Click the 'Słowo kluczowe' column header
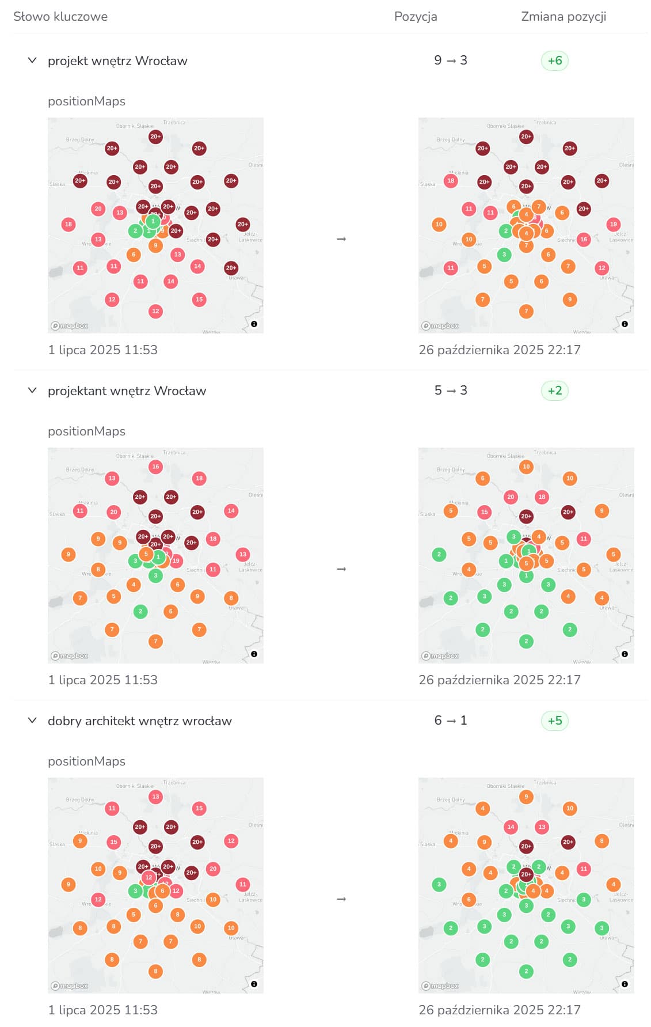60,17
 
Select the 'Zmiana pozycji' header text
563,17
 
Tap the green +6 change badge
554,60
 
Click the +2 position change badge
554,391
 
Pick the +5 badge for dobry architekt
554,721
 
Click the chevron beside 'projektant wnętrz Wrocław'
32,391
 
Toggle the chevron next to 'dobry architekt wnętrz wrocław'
32,721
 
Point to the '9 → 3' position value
450,60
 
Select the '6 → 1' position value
450,721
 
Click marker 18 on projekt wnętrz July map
68,224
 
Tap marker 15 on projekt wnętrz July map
199,300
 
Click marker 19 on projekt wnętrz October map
613,224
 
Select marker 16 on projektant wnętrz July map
155,467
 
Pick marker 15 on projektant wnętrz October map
484,511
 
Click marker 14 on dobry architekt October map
511,827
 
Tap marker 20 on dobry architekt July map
213,869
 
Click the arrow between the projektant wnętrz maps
341,569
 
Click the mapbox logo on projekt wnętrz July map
70,325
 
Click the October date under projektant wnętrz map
499,680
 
